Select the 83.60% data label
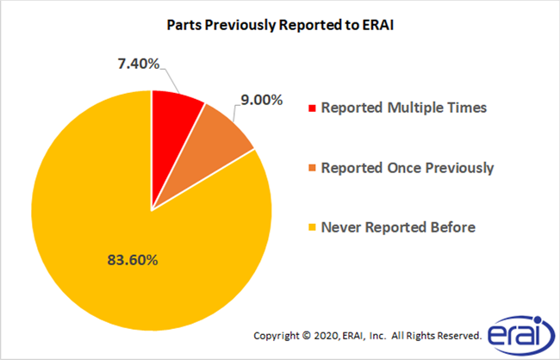[103, 258]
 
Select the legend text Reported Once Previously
[407, 168]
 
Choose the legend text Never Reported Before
[397, 227]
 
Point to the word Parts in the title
[183, 25]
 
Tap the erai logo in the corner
[513, 333]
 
